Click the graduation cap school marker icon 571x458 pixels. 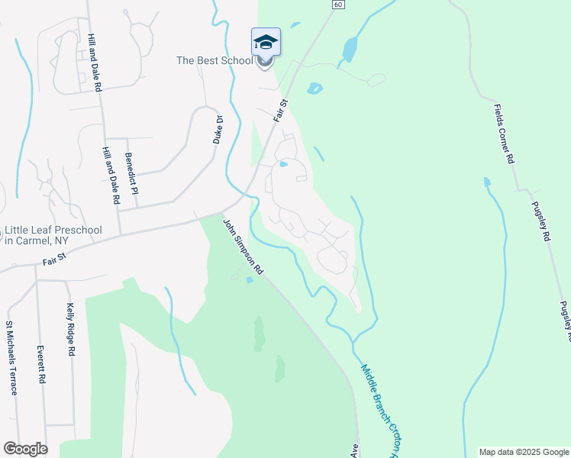point(266,42)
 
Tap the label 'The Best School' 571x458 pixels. point(214,60)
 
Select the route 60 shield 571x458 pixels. point(337,5)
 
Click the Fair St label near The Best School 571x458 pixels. point(282,111)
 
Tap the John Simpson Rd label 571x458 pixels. point(243,247)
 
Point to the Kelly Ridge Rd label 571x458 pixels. point(70,331)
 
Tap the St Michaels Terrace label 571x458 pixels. point(11,359)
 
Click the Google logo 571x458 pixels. point(25,449)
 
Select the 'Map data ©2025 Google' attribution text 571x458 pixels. point(524,452)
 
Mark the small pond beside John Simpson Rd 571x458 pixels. point(250,280)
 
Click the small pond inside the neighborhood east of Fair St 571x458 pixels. point(283,163)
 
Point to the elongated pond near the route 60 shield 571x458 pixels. point(350,50)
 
